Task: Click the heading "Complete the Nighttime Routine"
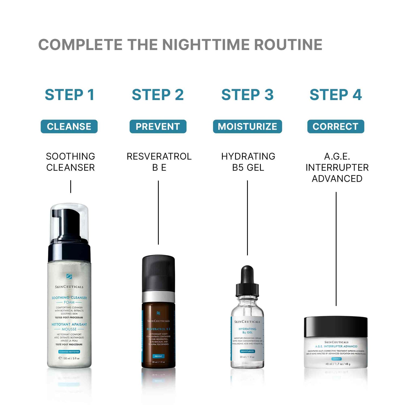coord(180,45)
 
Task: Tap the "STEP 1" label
coord(69,95)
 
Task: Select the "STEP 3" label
coord(247,95)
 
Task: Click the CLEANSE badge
coord(69,126)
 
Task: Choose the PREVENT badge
coord(158,126)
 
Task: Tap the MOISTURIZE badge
coord(247,126)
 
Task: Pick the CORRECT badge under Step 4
coord(336,126)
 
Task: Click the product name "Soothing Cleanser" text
coord(70,162)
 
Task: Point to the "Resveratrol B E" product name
coord(159,162)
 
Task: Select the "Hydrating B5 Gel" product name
coord(248,162)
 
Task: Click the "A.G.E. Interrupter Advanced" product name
coord(337,167)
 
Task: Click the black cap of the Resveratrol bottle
coord(158,273)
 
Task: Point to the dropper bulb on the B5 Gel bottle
coord(247,274)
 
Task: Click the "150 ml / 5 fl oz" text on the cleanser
coord(69,358)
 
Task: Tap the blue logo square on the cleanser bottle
coord(69,276)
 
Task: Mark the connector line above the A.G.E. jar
coord(336,248)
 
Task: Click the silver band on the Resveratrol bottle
coord(158,297)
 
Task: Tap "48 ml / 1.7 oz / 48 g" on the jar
coord(337,364)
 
